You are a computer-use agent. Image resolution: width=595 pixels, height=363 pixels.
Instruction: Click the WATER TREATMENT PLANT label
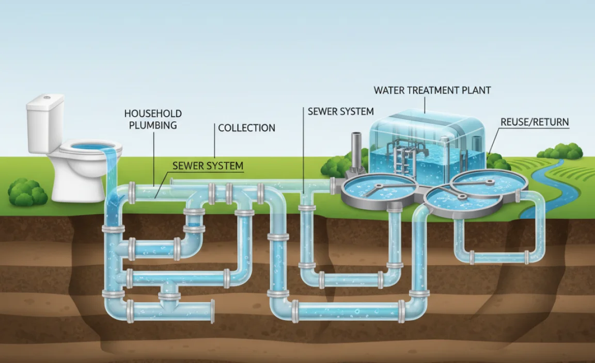tap(432, 90)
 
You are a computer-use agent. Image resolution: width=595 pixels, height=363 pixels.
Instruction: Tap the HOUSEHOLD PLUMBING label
tap(152, 119)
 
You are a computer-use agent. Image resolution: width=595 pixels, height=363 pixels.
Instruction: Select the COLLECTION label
tap(246, 128)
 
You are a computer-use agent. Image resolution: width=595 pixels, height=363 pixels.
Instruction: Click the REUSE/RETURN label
tap(535, 122)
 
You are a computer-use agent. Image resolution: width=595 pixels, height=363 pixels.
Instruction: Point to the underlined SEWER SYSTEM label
tap(208, 166)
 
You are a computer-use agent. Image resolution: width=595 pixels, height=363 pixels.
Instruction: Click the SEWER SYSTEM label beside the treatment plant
tap(340, 111)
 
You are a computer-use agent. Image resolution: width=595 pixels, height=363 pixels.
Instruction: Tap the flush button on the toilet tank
tap(46, 97)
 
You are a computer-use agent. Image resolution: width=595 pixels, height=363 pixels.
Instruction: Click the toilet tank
tap(45, 124)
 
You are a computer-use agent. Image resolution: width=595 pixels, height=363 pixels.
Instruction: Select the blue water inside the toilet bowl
tap(90, 147)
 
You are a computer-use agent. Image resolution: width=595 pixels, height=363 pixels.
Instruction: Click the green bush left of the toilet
tap(27, 192)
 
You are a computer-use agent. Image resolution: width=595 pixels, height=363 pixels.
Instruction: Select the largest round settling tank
tap(379, 189)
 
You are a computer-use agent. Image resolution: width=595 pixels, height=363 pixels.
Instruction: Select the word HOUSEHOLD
tap(152, 113)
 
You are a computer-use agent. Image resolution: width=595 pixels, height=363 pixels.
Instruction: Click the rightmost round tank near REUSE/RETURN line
tap(489, 183)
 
